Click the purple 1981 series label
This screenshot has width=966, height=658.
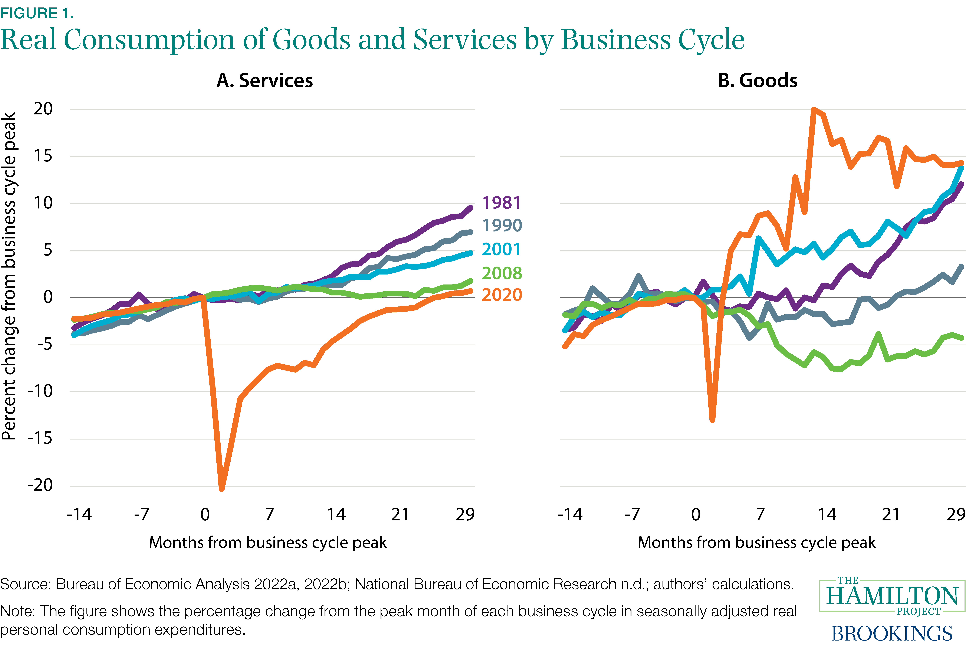pos(501,203)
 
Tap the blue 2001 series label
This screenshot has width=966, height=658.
pos(501,249)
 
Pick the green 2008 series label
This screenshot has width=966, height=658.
pos(502,273)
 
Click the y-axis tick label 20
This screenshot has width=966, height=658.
pos(43,109)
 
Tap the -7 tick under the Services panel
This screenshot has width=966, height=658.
pos(141,515)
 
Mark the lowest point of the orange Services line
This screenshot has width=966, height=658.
pos(222,488)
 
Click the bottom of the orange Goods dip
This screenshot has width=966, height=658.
pos(712,420)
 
